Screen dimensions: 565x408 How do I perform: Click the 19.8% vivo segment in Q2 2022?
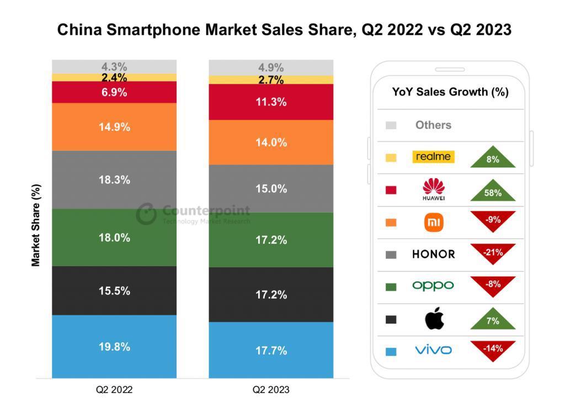[x=114, y=347]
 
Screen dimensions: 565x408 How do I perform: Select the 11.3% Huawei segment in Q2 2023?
[x=271, y=102]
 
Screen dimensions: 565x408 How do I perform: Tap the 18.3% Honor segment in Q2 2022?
[x=114, y=180]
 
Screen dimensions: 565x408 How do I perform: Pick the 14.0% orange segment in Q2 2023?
[x=271, y=142]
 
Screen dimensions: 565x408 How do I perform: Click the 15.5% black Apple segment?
[x=114, y=290]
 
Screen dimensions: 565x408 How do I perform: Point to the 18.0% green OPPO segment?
[x=114, y=237]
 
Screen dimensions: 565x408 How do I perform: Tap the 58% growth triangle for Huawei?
[x=493, y=191]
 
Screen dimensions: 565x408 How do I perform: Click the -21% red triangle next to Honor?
[x=493, y=252]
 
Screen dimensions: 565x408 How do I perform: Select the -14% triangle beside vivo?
[x=493, y=349]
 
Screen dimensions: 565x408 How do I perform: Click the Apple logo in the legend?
[x=434, y=319]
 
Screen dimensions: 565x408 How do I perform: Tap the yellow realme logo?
[x=433, y=157]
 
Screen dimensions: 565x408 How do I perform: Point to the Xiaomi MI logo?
[x=434, y=222]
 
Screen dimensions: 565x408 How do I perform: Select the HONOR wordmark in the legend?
[x=434, y=255]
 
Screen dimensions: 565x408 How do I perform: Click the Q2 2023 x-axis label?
[x=271, y=390]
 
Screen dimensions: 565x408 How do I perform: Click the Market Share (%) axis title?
[x=36, y=225]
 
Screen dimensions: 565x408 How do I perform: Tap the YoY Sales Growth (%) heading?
[x=450, y=92]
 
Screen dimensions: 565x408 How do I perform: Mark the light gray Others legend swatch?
[x=391, y=125]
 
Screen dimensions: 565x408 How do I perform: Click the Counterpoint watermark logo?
[x=146, y=214]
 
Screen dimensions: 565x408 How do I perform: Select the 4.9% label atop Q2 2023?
[x=271, y=68]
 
